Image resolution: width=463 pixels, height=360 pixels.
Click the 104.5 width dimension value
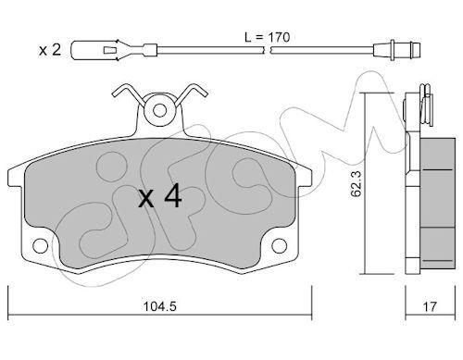coord(160,306)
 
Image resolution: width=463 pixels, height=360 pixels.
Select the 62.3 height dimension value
coord(357,184)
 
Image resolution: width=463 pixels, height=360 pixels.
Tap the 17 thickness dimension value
coord(430,306)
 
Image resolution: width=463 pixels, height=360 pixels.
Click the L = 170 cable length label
coord(268,37)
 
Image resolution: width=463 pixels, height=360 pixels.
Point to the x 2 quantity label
coord(50,50)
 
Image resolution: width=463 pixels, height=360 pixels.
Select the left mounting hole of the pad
coord(41,246)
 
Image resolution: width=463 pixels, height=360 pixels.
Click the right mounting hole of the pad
coord(280,246)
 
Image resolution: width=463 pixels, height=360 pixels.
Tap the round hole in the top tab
coord(159,110)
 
